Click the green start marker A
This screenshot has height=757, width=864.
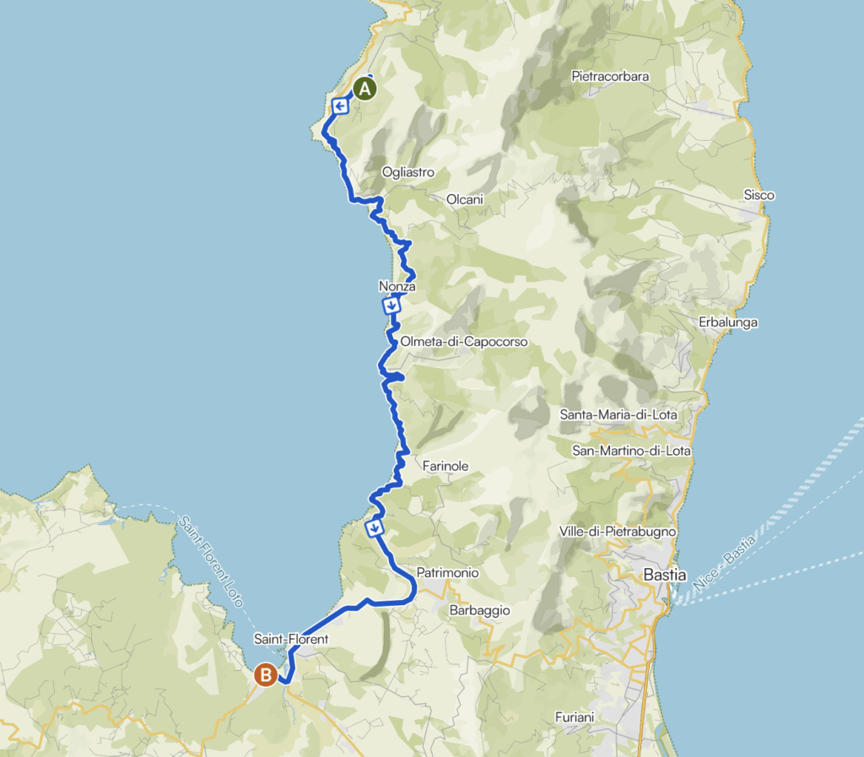click(364, 89)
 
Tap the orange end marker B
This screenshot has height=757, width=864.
click(266, 675)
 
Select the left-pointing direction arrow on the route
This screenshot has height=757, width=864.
click(340, 106)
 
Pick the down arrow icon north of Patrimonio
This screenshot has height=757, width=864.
click(375, 528)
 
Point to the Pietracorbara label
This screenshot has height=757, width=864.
click(610, 76)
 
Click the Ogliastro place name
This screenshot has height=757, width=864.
click(408, 172)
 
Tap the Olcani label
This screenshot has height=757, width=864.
click(465, 200)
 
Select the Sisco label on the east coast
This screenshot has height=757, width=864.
click(759, 195)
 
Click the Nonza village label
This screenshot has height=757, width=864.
click(397, 287)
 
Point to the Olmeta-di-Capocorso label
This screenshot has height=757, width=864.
click(464, 342)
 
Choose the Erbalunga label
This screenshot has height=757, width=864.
click(728, 322)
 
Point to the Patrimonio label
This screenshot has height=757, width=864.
click(448, 573)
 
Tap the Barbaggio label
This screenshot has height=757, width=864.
click(479, 609)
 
